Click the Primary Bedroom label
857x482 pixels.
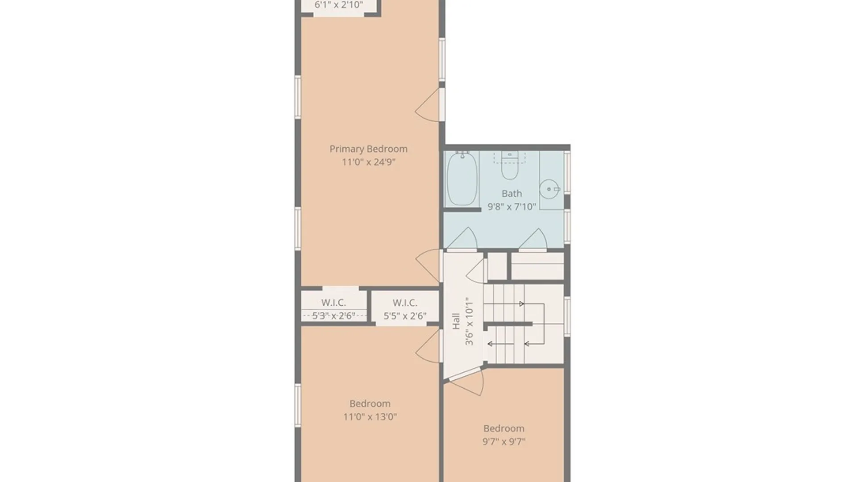pyautogui.click(x=368, y=149)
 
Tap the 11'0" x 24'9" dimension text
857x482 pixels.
pyautogui.click(x=369, y=162)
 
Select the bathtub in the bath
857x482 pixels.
pyautogui.click(x=462, y=179)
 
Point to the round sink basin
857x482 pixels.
pyautogui.click(x=549, y=189)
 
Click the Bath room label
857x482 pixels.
pyautogui.click(x=512, y=194)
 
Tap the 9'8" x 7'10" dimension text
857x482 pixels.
pyautogui.click(x=512, y=207)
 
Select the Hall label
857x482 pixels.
pyautogui.click(x=456, y=321)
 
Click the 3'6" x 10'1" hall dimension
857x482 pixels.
pyautogui.click(x=469, y=321)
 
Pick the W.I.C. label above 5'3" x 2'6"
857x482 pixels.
pyautogui.click(x=333, y=303)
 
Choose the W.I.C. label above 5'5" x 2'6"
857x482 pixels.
pyautogui.click(x=405, y=303)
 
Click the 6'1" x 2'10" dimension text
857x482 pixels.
pyautogui.click(x=339, y=5)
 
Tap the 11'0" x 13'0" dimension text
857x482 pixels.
pyautogui.click(x=370, y=417)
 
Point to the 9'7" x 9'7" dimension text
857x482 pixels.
pyautogui.click(x=504, y=442)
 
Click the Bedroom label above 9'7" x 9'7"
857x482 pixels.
pyautogui.click(x=504, y=428)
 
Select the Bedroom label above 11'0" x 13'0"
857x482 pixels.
pyautogui.click(x=370, y=404)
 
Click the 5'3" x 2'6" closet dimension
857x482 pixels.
pyautogui.click(x=333, y=316)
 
